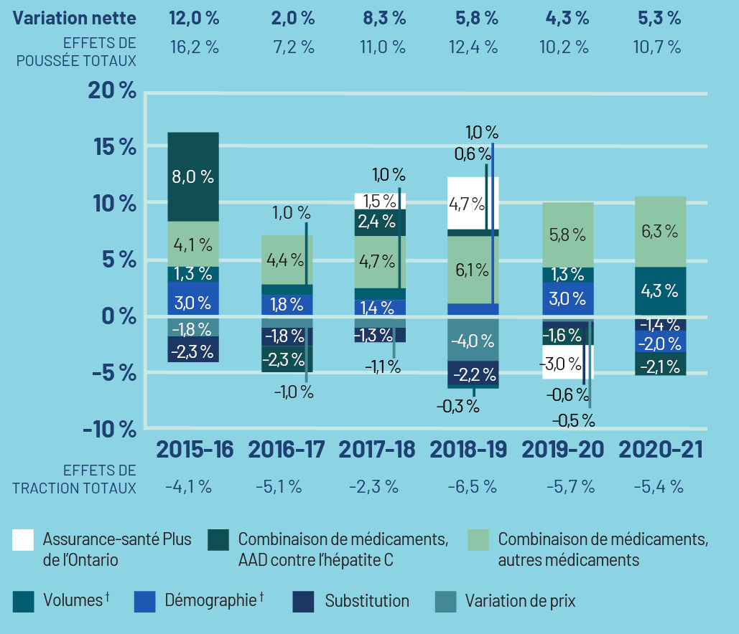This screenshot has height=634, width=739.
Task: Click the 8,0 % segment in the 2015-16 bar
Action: [x=192, y=176]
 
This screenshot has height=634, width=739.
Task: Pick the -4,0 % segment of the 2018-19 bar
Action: [x=473, y=341]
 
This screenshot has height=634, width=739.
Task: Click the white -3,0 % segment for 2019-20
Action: [x=560, y=362]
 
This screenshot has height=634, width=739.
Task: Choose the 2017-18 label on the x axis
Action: [x=377, y=450]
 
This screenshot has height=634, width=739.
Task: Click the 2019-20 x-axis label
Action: [x=559, y=450]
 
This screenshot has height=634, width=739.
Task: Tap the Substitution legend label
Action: [x=366, y=601]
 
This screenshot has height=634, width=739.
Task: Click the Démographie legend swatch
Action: [x=145, y=601]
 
